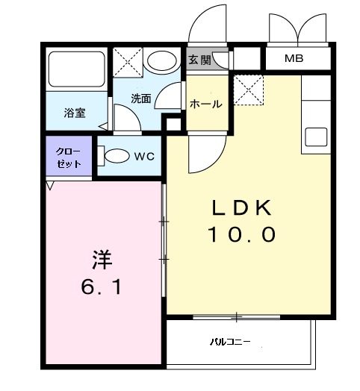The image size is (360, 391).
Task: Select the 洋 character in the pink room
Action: pos(102,259)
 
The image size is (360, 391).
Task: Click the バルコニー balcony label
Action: pos(230,342)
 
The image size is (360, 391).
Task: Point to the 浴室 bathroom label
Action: pos(74,113)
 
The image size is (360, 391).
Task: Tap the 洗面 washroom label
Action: pos(141,98)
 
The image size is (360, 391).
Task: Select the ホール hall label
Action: pos(205,104)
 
